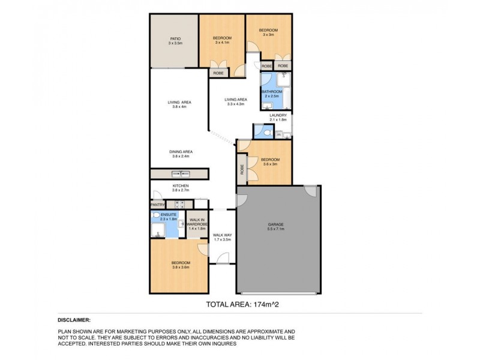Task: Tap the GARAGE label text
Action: coord(275,226)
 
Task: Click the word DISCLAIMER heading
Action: coord(74,320)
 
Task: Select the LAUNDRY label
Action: coord(278,116)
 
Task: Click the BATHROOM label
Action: coord(271,92)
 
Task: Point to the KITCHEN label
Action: coord(181,186)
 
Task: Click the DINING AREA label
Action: coord(180,152)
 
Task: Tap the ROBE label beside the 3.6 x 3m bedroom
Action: coord(242,170)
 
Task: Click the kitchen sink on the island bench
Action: coord(179,174)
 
